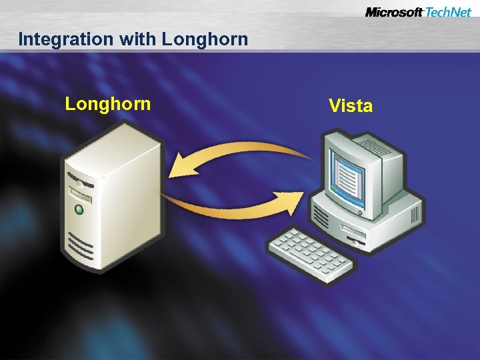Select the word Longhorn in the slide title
pyautogui.click(x=205, y=39)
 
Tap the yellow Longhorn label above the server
pyautogui.click(x=108, y=104)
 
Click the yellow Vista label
pyautogui.click(x=351, y=105)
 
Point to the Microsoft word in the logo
pyautogui.click(x=394, y=13)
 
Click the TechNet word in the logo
pyautogui.click(x=448, y=13)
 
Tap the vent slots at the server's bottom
pyautogui.click(x=80, y=248)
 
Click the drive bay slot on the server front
pyautogui.click(x=81, y=196)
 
